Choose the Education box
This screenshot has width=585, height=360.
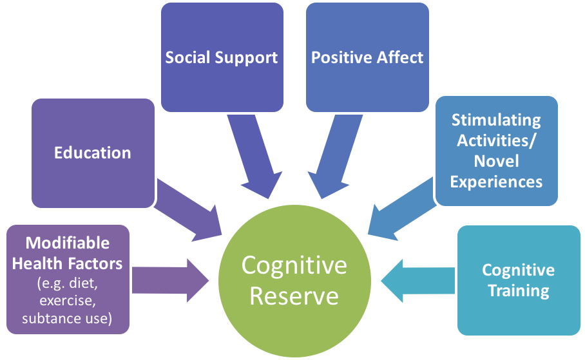click(x=93, y=153)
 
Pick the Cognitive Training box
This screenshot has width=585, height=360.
click(x=518, y=279)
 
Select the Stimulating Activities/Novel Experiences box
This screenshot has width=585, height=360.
click(x=496, y=151)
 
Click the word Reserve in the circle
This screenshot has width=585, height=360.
click(x=294, y=296)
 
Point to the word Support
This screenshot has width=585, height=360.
click(x=247, y=57)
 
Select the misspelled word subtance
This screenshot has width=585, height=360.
click(x=46, y=318)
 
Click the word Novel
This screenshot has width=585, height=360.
click(x=496, y=161)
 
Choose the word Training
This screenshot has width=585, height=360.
click(x=518, y=290)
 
